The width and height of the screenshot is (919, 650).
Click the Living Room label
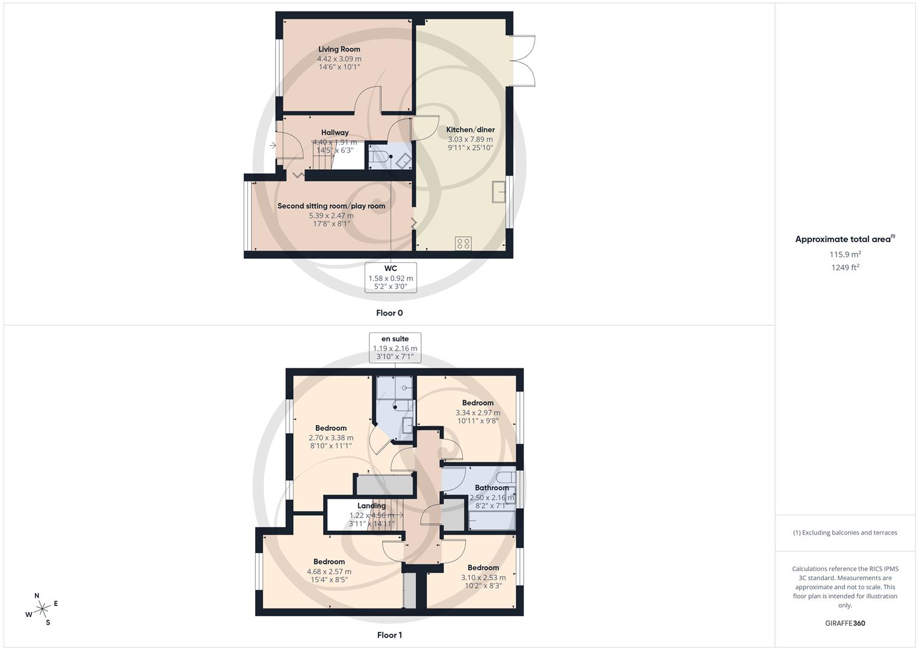coord(339,49)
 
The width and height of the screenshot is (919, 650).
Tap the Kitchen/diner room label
coord(470,129)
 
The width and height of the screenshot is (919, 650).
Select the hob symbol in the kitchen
coord(463,243)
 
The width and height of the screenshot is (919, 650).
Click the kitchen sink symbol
coord(499,192)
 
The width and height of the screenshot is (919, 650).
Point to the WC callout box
coord(391,277)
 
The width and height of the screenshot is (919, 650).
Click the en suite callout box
coord(395,348)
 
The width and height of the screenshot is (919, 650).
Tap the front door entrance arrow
coord(273,145)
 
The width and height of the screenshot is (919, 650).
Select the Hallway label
coord(335,132)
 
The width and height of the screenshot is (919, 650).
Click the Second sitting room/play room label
coord(331,206)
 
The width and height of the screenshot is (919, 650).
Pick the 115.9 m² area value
coord(845,255)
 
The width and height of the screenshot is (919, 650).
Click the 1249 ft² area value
coord(845,268)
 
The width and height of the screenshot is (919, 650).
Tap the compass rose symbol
coord(42,609)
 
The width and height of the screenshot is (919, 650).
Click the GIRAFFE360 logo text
coord(845,624)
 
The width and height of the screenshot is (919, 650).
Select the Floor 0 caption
coord(389,313)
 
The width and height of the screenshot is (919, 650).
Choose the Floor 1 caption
coord(389,635)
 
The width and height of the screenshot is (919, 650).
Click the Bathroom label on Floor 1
coord(492,488)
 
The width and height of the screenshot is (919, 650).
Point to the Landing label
coord(371,506)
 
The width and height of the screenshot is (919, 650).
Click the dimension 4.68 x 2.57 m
coord(329,572)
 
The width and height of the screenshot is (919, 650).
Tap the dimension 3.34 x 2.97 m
coord(478,413)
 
